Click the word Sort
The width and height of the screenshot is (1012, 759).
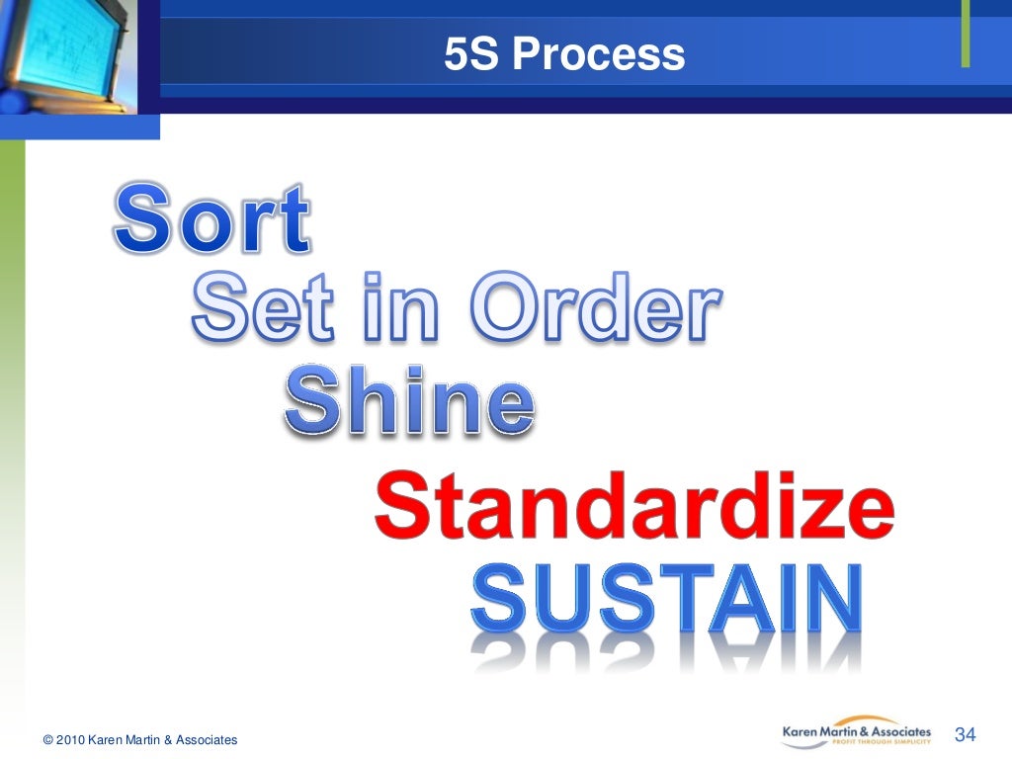(212, 217)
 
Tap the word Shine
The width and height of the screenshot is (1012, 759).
(409, 400)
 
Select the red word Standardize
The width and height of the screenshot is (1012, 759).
(633, 507)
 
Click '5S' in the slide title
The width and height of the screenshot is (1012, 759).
(471, 54)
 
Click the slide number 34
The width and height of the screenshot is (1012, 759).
(966, 734)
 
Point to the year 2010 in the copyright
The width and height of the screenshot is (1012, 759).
(70, 740)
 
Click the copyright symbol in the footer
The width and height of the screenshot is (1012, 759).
(47, 740)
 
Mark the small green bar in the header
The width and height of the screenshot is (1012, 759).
(966, 35)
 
